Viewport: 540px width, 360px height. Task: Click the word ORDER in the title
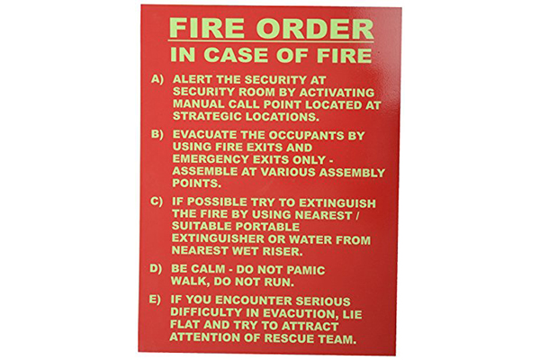[314, 28]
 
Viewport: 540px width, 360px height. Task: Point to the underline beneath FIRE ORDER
[271, 41]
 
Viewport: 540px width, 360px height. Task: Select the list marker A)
[157, 79]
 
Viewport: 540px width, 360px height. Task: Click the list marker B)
[157, 134]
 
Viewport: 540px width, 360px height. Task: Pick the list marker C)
[157, 202]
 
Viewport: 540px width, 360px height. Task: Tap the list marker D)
[156, 268]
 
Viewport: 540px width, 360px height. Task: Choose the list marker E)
[155, 300]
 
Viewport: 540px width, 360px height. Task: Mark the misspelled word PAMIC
[305, 270]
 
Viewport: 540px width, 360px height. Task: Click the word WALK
[190, 281]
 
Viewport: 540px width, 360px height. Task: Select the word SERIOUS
[323, 301]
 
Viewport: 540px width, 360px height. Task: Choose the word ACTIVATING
[337, 93]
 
